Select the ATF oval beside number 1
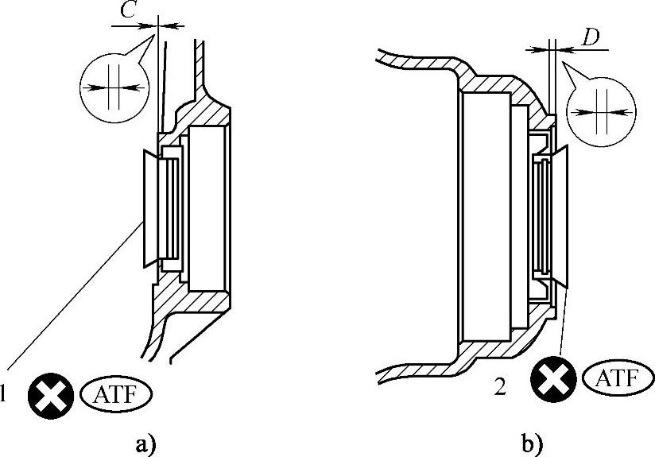tap(116, 393)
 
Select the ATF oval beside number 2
tap(613, 377)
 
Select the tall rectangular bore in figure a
tap(207, 211)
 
